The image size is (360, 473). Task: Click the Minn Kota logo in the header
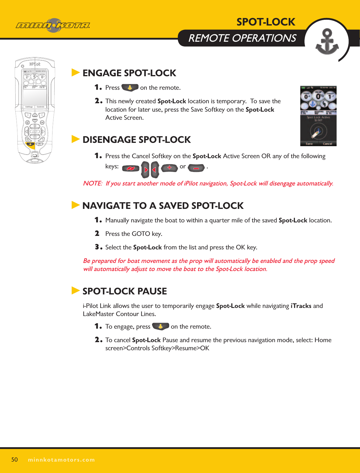53,26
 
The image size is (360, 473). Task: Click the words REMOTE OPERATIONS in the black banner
242,38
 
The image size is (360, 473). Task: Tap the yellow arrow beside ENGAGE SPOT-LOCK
76,73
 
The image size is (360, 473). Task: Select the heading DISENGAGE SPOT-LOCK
136,140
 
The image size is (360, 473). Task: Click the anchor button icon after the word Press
130,88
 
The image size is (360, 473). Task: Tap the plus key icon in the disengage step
169,168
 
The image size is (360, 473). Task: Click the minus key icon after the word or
196,168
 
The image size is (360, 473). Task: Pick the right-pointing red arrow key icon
145,170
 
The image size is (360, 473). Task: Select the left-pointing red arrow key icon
155,170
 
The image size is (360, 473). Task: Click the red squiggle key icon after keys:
131,168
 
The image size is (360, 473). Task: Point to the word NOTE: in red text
93,183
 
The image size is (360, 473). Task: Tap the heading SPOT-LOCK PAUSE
124,291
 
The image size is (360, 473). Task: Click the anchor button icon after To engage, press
160,327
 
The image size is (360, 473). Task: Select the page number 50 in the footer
14,459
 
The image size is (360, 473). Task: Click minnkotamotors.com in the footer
61,459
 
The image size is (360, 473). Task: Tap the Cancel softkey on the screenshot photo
327,144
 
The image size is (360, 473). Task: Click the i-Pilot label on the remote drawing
35,64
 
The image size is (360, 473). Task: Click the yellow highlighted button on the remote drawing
30,144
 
